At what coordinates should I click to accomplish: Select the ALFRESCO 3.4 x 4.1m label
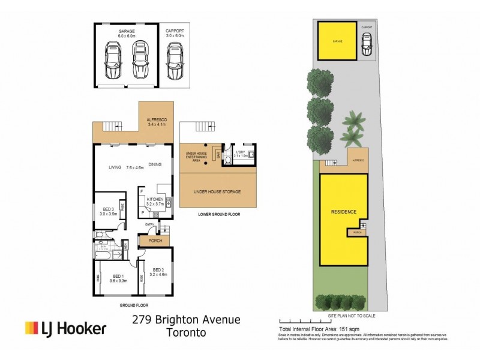click(x=157, y=123)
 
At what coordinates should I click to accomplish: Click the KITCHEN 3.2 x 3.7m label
click(x=155, y=201)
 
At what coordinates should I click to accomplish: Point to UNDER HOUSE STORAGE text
click(x=217, y=191)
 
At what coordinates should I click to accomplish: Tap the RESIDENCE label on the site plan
click(x=344, y=212)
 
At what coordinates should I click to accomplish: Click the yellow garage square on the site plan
click(x=335, y=41)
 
